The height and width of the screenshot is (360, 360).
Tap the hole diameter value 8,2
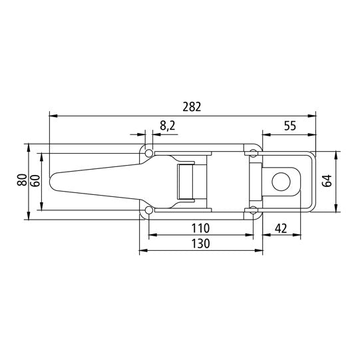(x=167, y=124)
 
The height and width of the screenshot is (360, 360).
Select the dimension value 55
(x=289, y=124)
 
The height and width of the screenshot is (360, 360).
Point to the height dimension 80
(x=21, y=180)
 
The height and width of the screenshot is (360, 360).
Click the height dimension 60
(x=34, y=180)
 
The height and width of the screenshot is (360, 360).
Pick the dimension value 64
(x=327, y=181)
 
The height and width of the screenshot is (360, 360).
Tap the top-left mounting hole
(x=148, y=152)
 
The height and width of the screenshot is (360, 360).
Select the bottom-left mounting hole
(x=148, y=212)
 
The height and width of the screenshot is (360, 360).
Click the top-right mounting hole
(x=254, y=153)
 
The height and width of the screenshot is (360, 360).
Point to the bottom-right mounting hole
(x=254, y=212)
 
